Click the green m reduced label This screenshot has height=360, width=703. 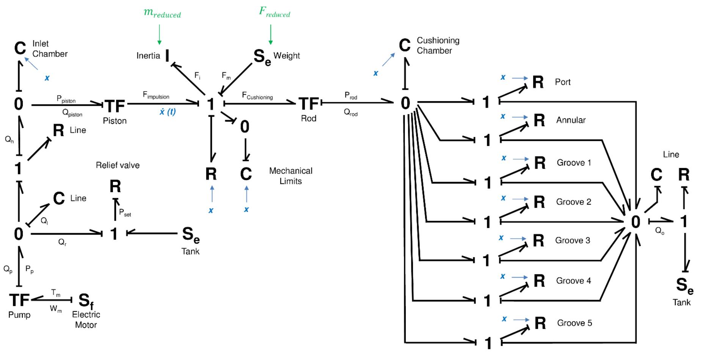[162, 13]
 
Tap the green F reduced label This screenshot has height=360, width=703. [275, 12]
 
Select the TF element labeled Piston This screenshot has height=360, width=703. [115, 106]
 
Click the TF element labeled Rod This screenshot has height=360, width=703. [309, 104]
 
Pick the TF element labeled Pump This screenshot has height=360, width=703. [19, 300]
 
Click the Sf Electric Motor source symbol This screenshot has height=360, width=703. [86, 301]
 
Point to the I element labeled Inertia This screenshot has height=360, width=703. [167, 56]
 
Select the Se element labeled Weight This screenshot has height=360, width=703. [262, 57]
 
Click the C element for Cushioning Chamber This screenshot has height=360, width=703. [405, 45]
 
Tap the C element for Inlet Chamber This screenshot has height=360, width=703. [20, 49]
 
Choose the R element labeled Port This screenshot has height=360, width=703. [538, 82]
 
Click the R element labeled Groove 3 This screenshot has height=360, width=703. [538, 240]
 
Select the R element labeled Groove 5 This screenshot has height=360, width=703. [540, 323]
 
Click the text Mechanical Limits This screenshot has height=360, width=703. [290, 176]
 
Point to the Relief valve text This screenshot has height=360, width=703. [118, 165]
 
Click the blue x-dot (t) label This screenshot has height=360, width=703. [167, 112]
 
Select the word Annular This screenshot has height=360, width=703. [571, 120]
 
